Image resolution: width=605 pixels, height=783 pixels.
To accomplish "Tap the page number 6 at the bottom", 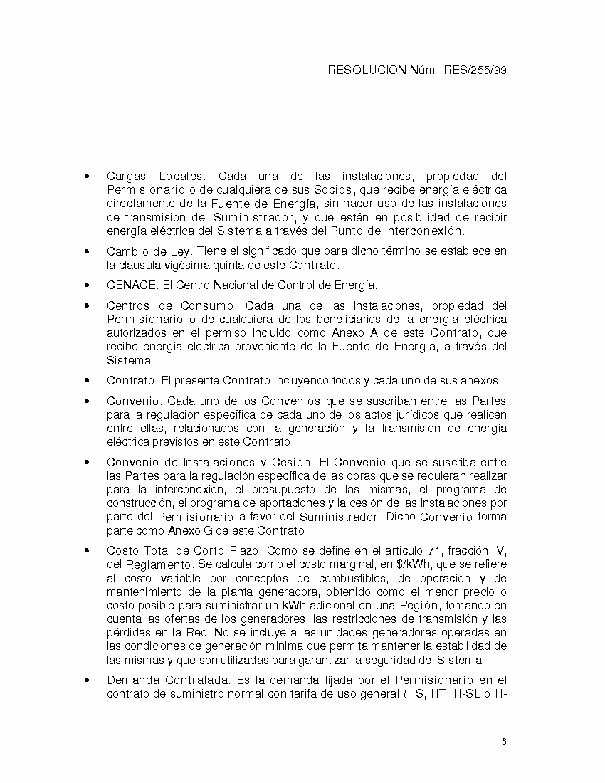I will coord(504,742).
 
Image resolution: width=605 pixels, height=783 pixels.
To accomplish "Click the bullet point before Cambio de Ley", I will coord(87,251).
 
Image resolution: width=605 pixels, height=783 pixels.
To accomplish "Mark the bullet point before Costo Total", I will coord(87,550).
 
